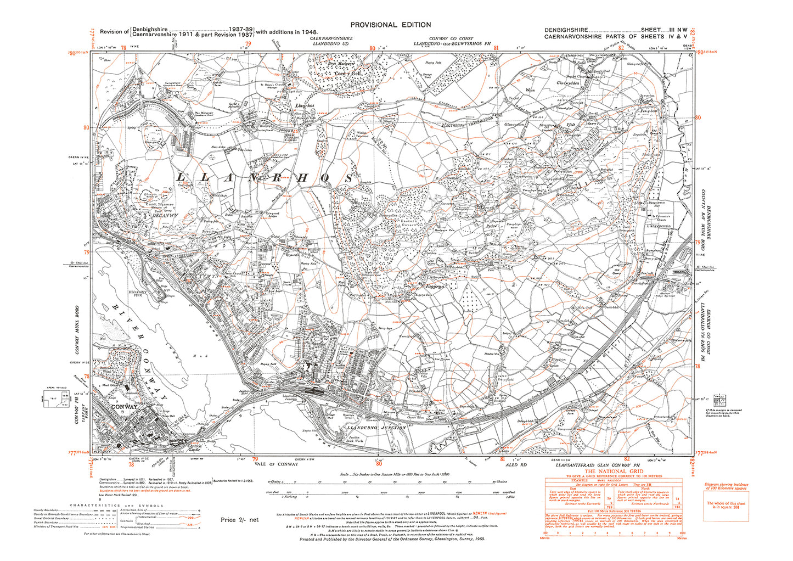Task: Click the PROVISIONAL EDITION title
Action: [390, 25]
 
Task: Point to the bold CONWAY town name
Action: [123, 407]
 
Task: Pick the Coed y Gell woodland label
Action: [349, 73]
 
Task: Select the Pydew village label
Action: [490, 226]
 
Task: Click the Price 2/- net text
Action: [239, 519]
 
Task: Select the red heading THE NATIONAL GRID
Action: [613, 471]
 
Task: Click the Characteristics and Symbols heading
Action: [116, 505]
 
